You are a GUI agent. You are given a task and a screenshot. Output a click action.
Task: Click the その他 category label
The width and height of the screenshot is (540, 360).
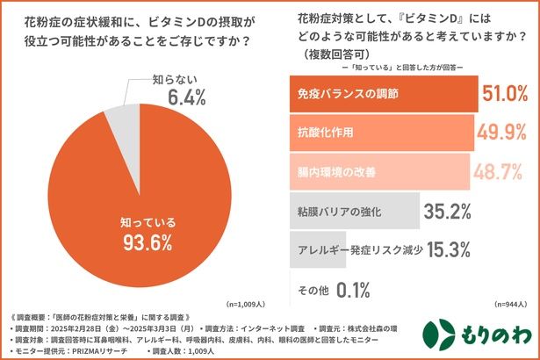click(x=313, y=287)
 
